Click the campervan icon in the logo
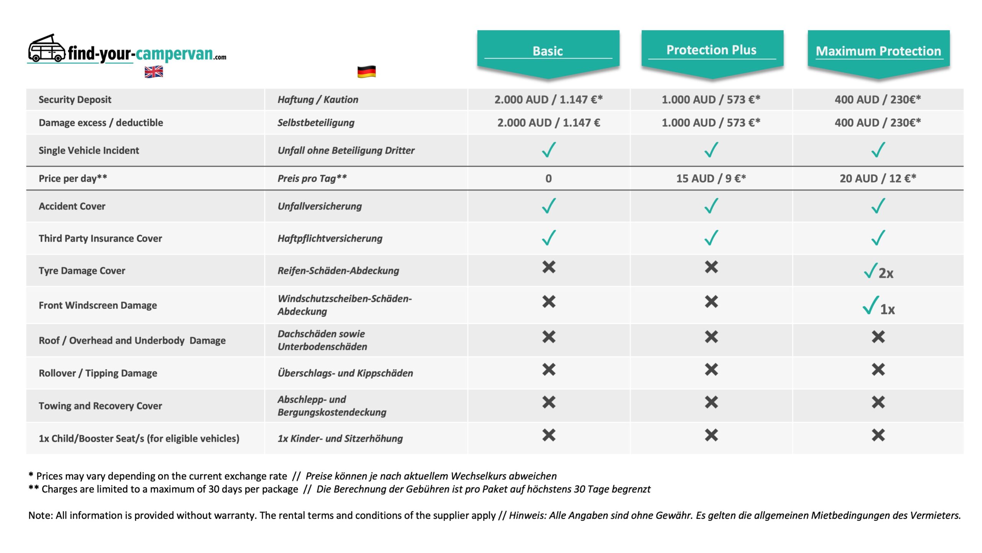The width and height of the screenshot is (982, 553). click(46, 49)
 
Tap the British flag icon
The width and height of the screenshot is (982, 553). click(153, 72)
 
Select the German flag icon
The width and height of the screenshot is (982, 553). click(366, 72)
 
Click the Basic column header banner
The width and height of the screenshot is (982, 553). click(548, 51)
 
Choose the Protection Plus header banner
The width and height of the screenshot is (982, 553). click(712, 51)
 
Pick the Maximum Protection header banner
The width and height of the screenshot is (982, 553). click(878, 51)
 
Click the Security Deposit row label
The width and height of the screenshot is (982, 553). click(75, 100)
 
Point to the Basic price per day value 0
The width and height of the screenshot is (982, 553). click(549, 178)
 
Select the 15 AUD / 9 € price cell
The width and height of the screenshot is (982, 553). click(711, 178)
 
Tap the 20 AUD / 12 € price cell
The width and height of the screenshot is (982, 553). click(878, 178)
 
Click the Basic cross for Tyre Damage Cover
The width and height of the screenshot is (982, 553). click(549, 267)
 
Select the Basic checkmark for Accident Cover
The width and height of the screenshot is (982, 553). click(549, 206)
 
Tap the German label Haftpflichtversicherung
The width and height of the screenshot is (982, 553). click(330, 239)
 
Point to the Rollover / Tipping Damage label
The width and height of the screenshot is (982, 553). click(98, 373)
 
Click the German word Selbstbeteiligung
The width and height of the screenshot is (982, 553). click(316, 123)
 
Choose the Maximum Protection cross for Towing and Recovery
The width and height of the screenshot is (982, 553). click(878, 403)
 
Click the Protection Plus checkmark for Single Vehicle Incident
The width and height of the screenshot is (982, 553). click(711, 150)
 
